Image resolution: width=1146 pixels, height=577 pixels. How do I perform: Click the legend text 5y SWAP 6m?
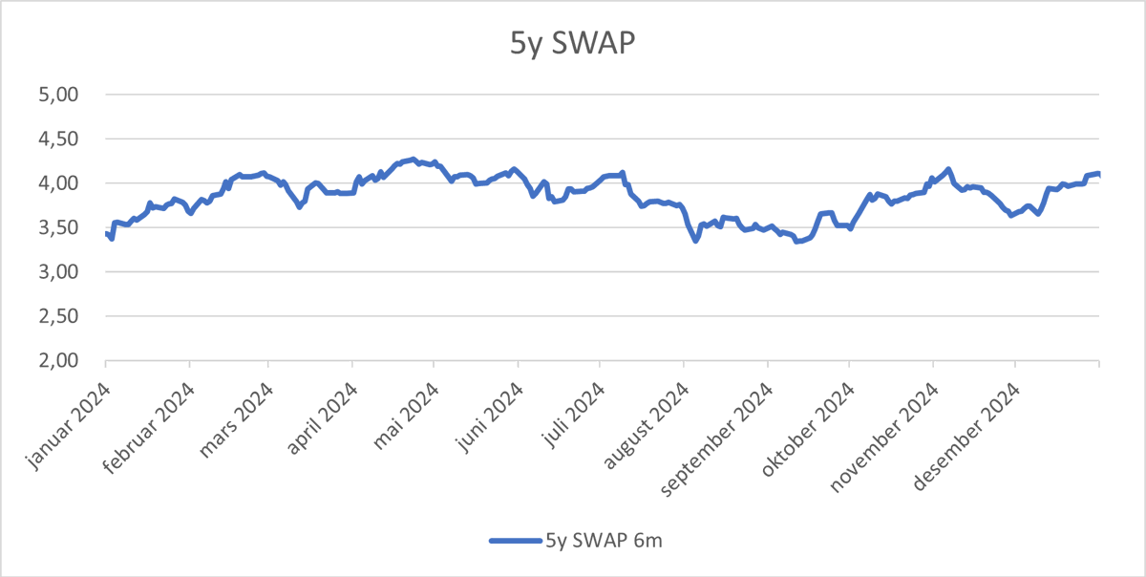pos(604,541)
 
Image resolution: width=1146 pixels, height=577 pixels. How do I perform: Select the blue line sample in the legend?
pos(515,541)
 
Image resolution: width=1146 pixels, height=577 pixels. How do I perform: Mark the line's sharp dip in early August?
pos(695,241)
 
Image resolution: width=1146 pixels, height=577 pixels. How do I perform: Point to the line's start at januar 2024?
pos(106,233)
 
